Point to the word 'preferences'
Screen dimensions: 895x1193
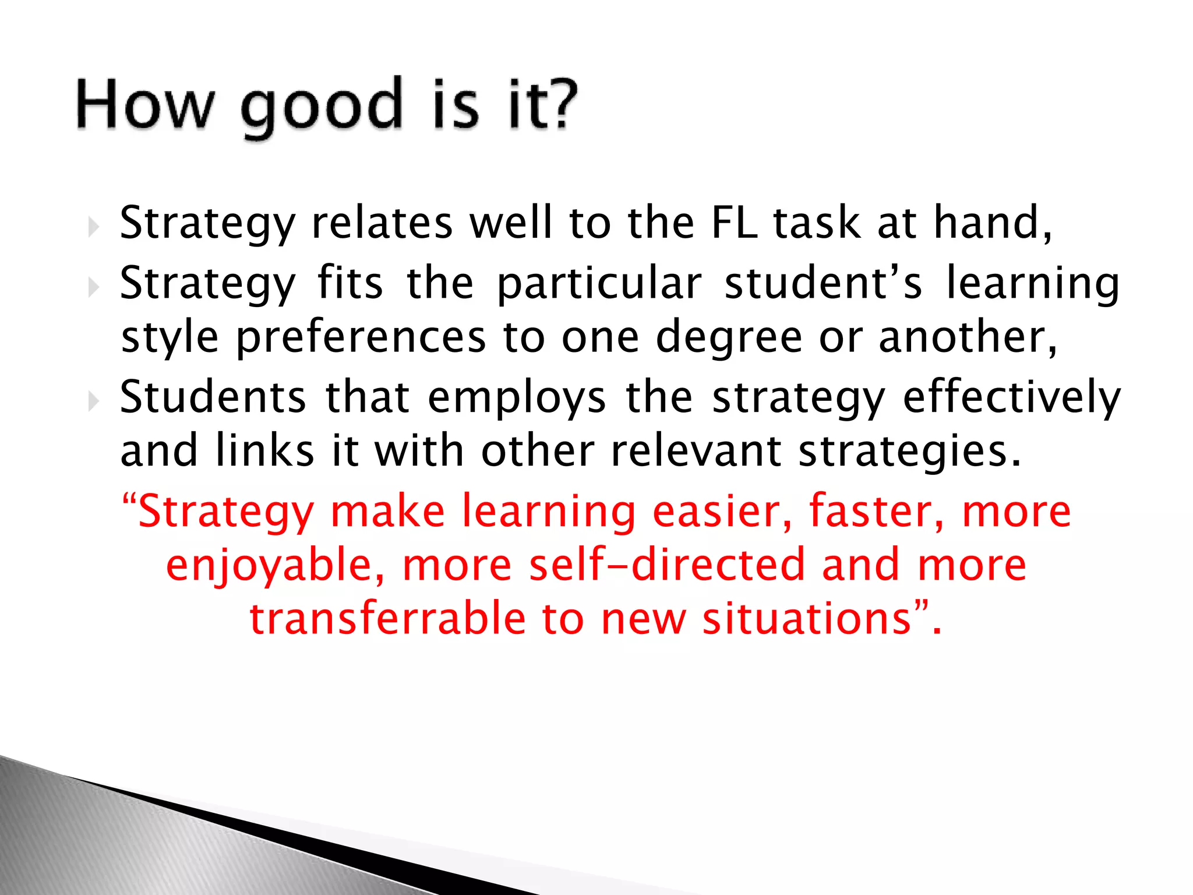tap(361, 338)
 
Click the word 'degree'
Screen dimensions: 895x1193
tap(729, 338)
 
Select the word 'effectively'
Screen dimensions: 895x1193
tap(1011, 397)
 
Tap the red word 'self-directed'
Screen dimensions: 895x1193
tap(666, 565)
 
